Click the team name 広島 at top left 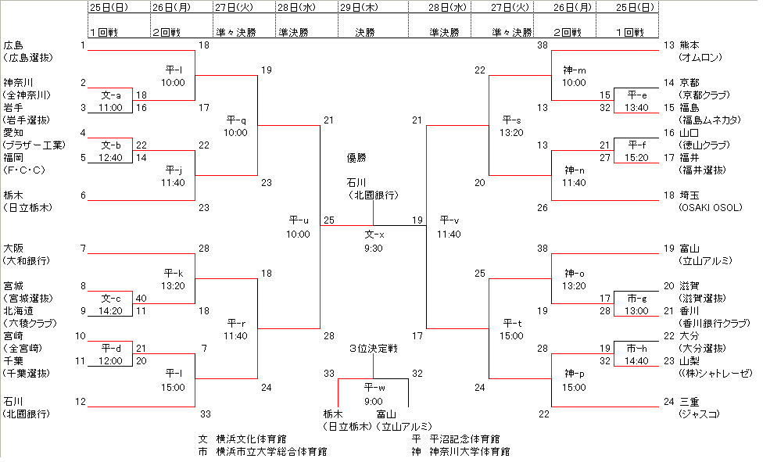[x=13, y=45]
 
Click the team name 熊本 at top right [x=689, y=45]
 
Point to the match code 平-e [x=636, y=95]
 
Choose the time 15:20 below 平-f [x=636, y=158]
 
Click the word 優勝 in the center [x=356, y=158]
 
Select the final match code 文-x [x=374, y=235]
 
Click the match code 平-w [x=374, y=387]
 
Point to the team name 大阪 [x=13, y=248]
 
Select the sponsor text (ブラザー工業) [x=35, y=145]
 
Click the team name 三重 [x=689, y=402]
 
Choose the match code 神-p [x=574, y=374]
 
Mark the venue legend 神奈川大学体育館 [x=467, y=452]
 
